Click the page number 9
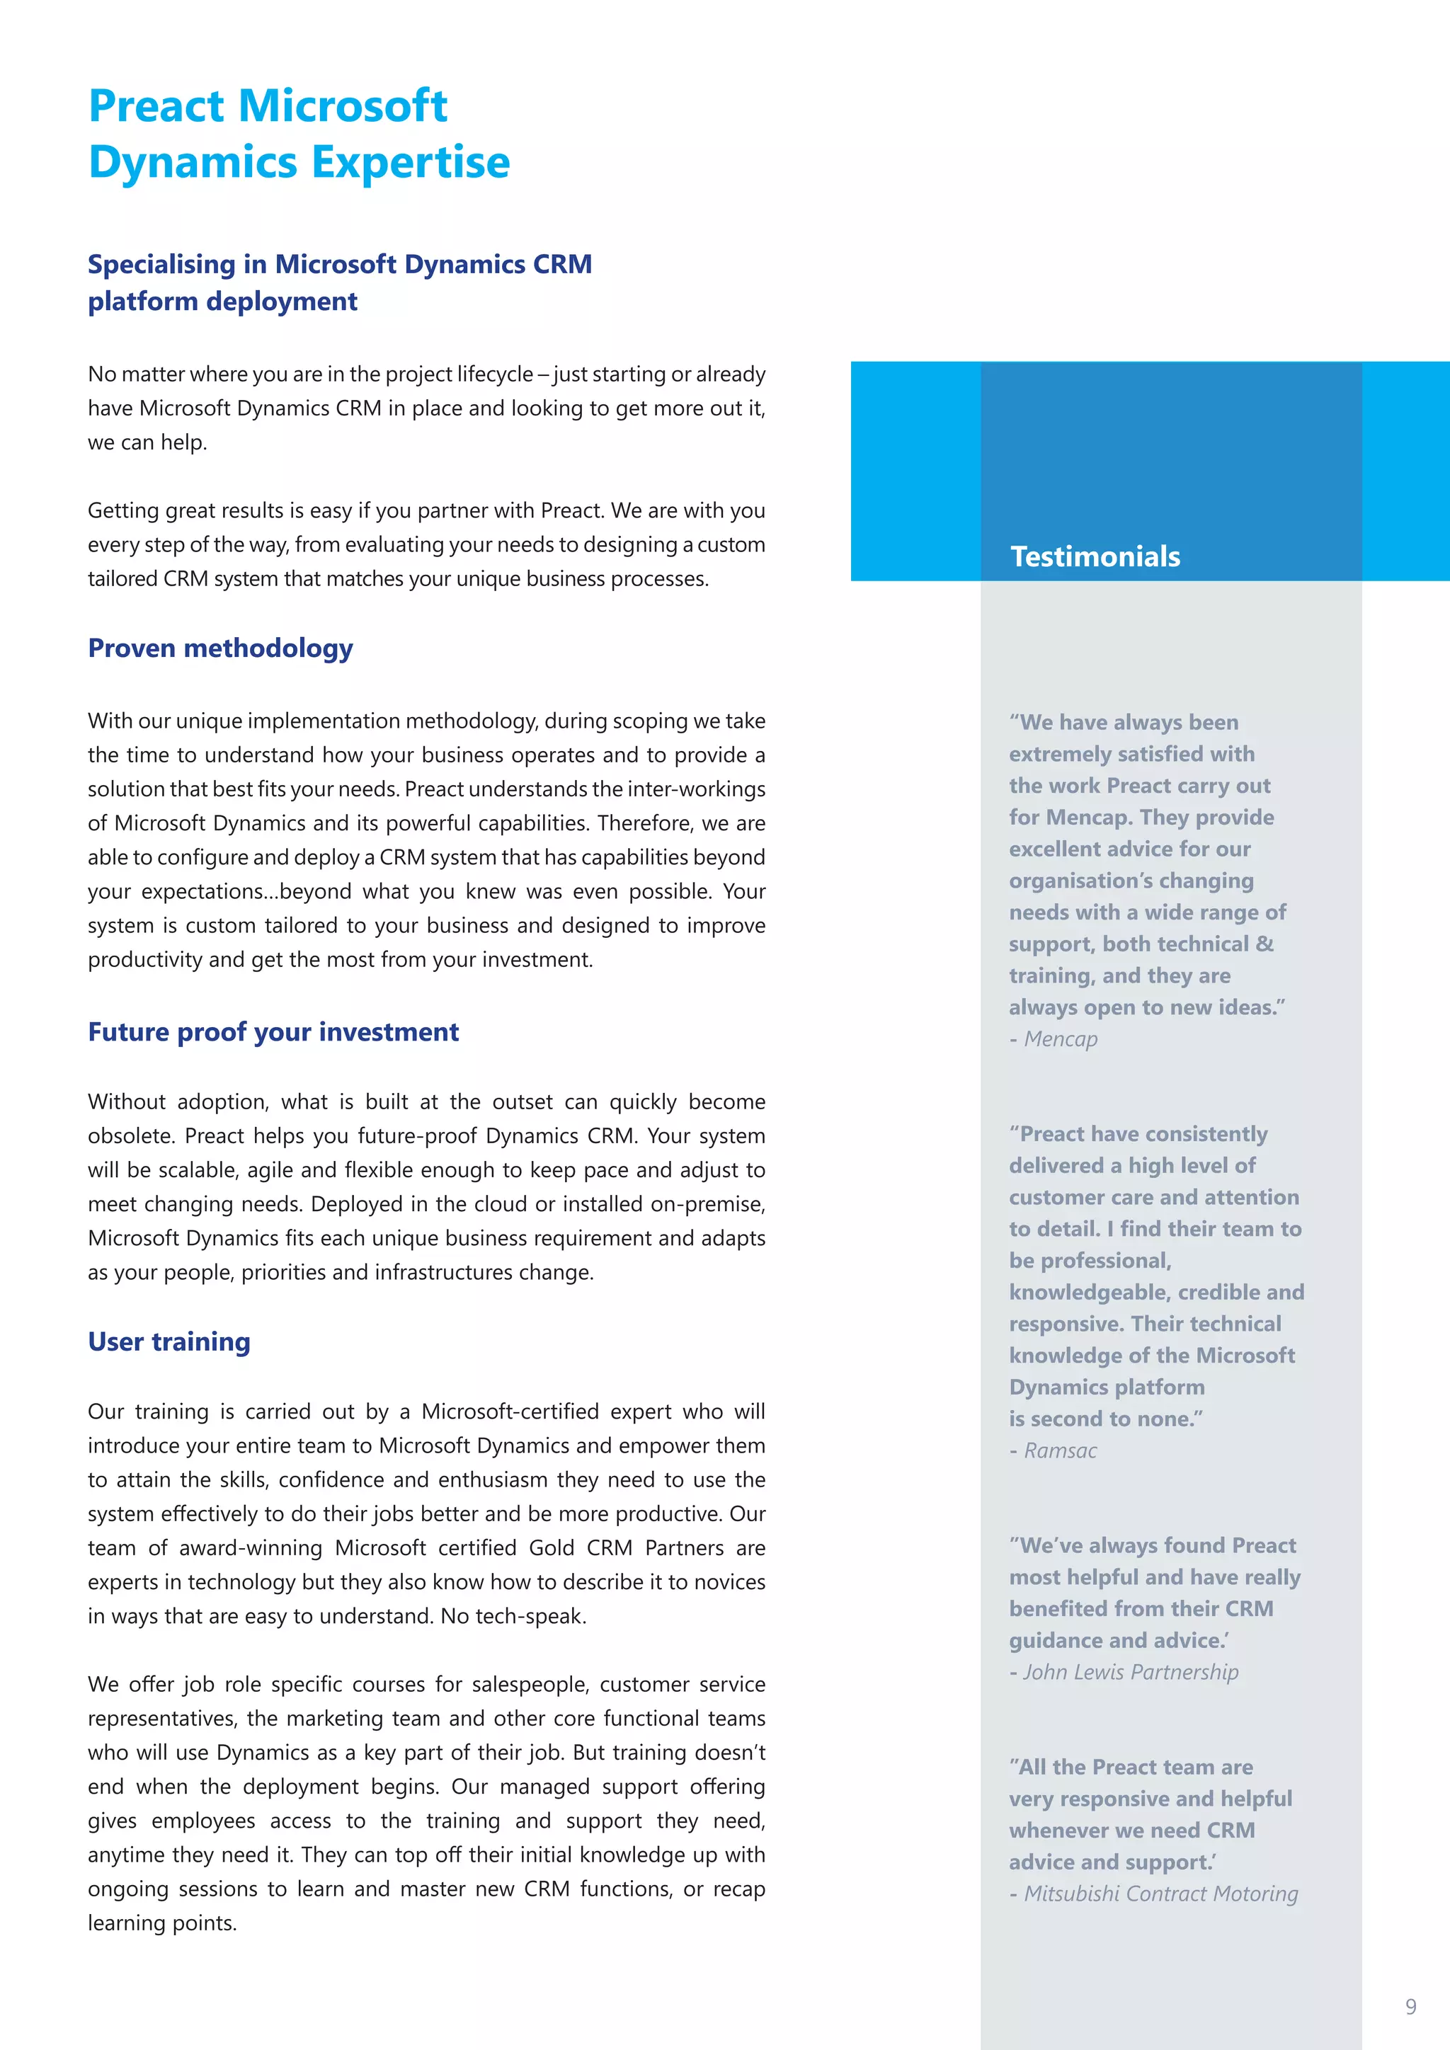pyautogui.click(x=1411, y=2006)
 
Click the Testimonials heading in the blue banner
pyautogui.click(x=1095, y=556)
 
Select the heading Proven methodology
pyautogui.click(x=219, y=648)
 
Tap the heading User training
pyautogui.click(x=169, y=1342)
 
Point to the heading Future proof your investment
pyautogui.click(x=273, y=1032)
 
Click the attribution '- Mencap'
pyautogui.click(x=1054, y=1039)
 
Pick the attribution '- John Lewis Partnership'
pyautogui.click(x=1124, y=1672)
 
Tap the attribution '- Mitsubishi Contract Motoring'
pyautogui.click(x=1153, y=1894)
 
